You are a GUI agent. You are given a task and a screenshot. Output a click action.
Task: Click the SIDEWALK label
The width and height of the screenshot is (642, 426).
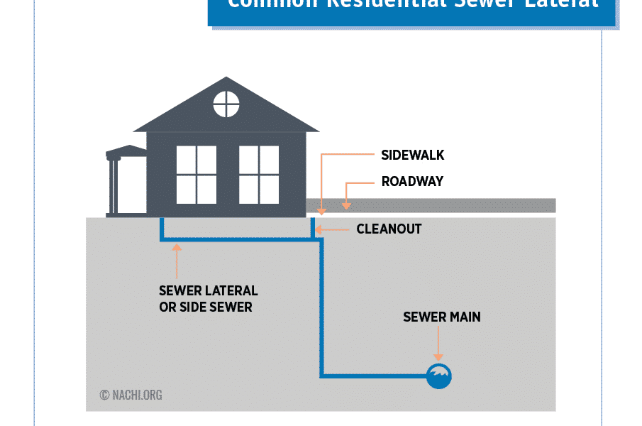[412, 155]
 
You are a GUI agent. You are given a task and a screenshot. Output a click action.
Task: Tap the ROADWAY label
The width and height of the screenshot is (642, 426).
[412, 182]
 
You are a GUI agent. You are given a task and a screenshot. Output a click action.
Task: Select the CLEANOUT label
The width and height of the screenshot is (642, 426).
[389, 229]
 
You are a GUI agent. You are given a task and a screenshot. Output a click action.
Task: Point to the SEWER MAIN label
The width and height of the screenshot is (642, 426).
[441, 317]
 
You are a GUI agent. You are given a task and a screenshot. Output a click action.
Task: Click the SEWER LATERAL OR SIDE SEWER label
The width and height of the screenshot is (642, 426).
[208, 299]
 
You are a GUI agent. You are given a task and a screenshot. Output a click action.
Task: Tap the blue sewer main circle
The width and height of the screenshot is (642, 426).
[438, 376]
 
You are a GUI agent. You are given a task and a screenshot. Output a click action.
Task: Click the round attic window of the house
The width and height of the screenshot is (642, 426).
[226, 105]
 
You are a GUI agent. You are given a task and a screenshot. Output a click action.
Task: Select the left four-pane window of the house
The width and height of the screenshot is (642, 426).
[197, 175]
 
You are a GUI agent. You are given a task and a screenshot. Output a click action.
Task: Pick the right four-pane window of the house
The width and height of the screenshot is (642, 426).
[259, 175]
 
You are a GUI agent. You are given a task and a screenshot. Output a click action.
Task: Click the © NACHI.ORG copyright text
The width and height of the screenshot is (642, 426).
[131, 395]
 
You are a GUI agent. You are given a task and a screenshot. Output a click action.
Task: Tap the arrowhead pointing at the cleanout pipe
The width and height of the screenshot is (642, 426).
[319, 229]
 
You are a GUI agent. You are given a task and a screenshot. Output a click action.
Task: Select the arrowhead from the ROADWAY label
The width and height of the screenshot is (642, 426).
[346, 205]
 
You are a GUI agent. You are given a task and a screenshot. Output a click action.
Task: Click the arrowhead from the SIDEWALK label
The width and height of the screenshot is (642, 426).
[321, 210]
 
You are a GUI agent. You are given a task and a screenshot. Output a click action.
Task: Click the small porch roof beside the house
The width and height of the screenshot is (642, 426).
[126, 151]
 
